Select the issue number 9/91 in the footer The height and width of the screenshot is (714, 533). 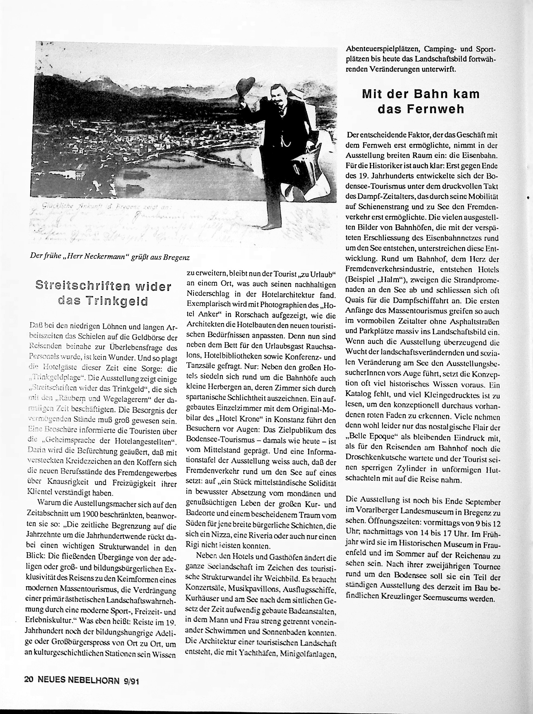131,681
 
